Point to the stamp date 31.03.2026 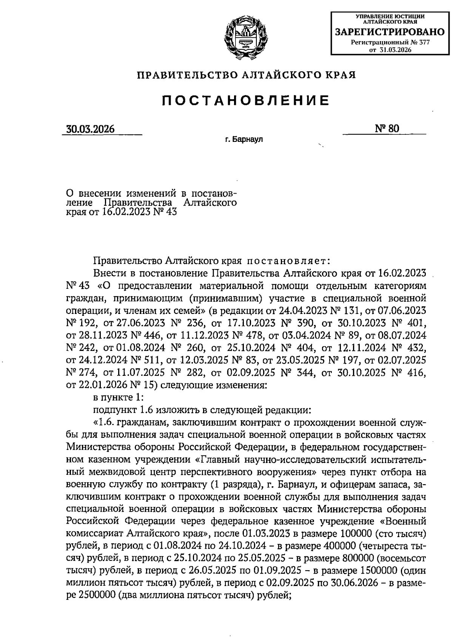395,50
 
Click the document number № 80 387,129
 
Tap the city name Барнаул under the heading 247,140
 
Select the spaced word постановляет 289,261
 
